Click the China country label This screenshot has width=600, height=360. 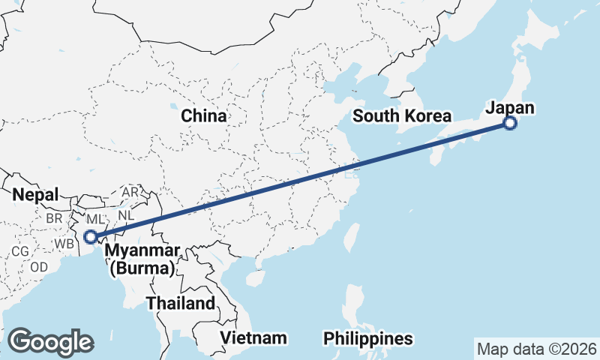203,116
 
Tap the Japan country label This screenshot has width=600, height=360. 510,108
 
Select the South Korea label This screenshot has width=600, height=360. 402,116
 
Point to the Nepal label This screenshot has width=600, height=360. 35,195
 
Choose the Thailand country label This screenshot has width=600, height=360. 180,304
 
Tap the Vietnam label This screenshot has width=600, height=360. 254,337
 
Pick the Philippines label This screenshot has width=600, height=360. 368,339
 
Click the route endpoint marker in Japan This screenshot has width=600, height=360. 510,124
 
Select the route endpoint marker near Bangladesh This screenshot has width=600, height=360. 90,237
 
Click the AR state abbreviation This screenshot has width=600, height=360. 130,192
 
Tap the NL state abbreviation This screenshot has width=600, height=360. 126,214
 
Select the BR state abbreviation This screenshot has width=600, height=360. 54,217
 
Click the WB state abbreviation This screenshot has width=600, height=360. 64,244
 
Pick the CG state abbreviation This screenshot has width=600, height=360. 20,251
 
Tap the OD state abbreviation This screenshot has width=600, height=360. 40,267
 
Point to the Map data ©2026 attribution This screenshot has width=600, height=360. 536,349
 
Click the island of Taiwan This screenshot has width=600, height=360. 349,235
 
